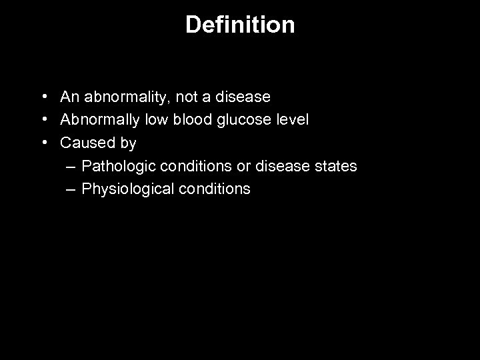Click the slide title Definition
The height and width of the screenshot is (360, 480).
240,25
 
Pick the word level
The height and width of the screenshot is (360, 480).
291,120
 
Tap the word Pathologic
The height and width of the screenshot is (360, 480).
119,166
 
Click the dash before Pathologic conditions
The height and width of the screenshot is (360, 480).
71,166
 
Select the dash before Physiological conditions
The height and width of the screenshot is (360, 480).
71,189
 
